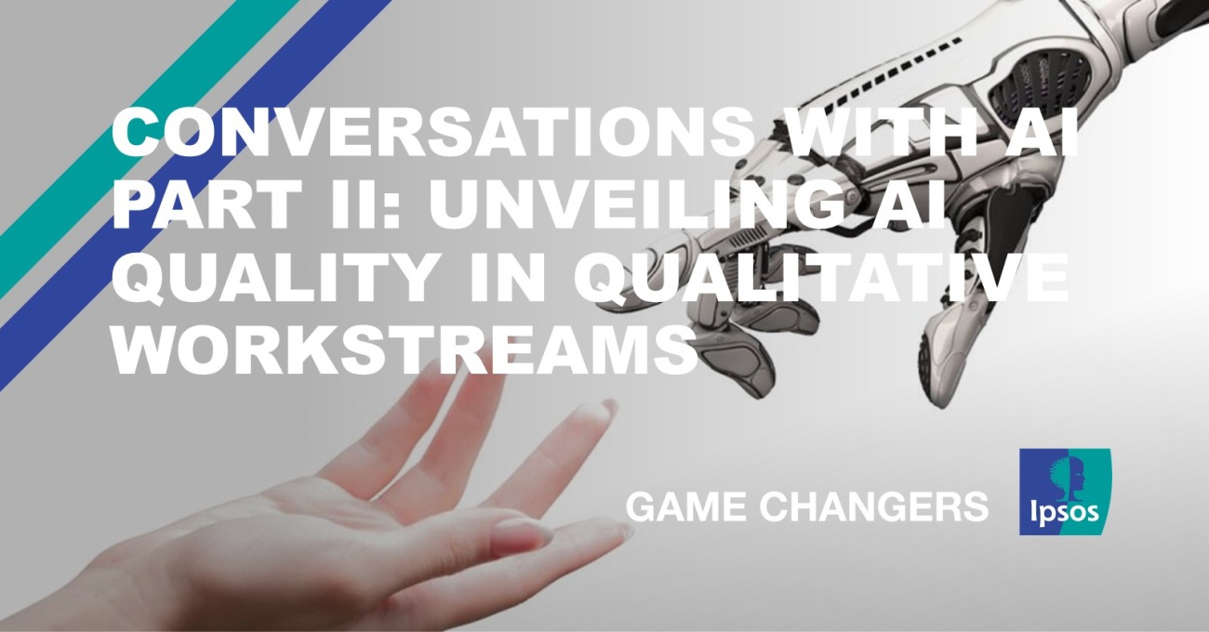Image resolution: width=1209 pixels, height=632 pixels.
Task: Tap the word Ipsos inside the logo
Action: click(1064, 511)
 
